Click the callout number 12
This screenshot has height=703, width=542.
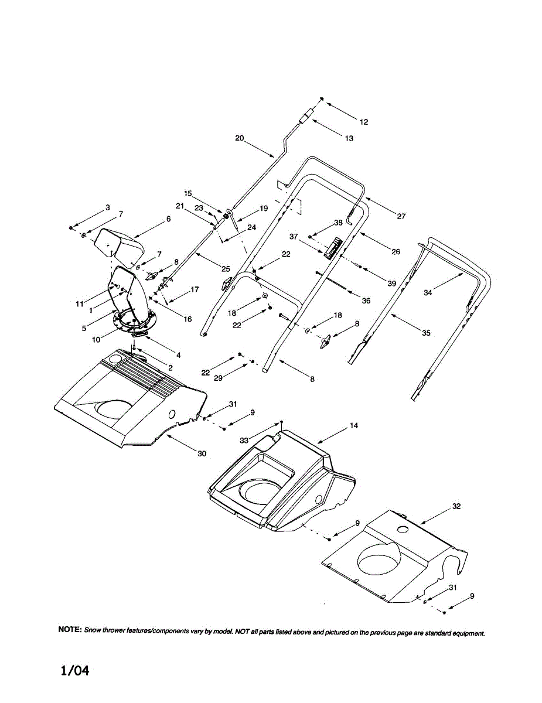(x=364, y=122)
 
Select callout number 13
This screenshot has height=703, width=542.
(x=349, y=138)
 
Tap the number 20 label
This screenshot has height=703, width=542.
(x=240, y=138)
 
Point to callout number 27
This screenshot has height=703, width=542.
(x=401, y=216)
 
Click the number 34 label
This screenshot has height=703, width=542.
(x=428, y=293)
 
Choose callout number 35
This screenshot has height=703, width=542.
(x=426, y=333)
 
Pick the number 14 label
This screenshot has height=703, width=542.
(x=354, y=426)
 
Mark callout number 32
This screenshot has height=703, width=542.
(x=456, y=506)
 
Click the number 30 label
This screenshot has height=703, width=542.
(x=202, y=454)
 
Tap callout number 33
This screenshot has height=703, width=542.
(x=244, y=441)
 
